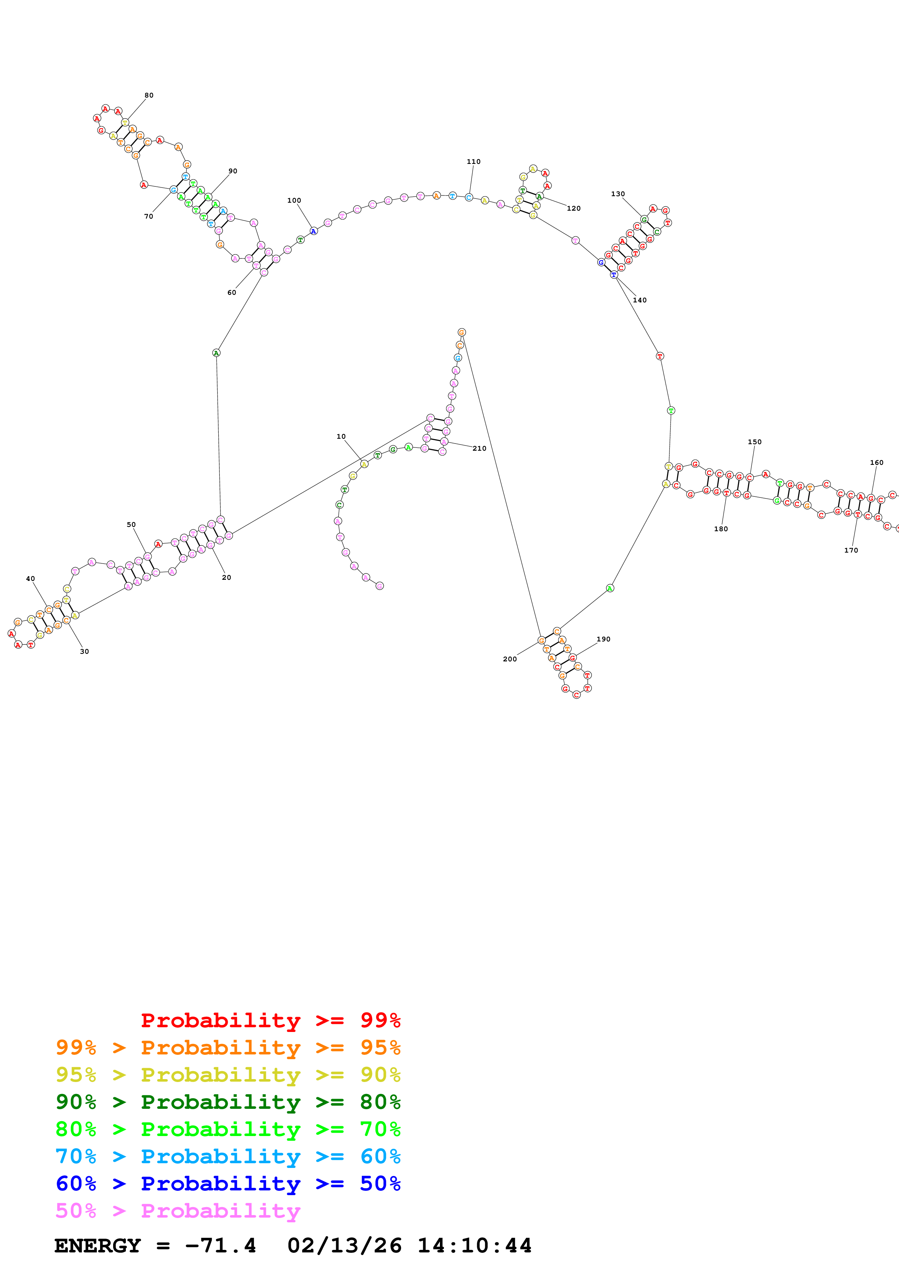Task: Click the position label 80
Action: click(x=149, y=95)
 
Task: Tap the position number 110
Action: click(x=474, y=162)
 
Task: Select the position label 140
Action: click(x=640, y=300)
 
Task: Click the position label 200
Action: click(x=510, y=659)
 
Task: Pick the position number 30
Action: click(x=84, y=652)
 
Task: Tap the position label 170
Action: click(x=851, y=550)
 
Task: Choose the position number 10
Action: click(x=341, y=437)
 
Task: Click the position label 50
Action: click(x=131, y=525)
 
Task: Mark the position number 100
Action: click(x=294, y=201)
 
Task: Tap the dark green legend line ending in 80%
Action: click(x=228, y=1102)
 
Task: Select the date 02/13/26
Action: click(x=345, y=1246)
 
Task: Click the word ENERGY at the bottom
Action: click(x=98, y=1246)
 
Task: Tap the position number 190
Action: click(x=603, y=639)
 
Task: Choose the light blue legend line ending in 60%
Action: click(x=228, y=1157)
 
